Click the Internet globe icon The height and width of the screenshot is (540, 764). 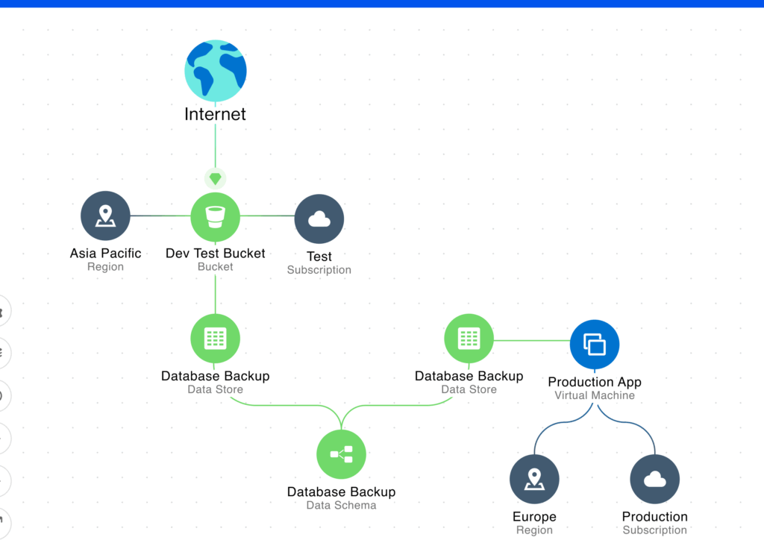pyautogui.click(x=216, y=71)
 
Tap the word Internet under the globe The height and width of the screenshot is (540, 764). pyautogui.click(x=215, y=114)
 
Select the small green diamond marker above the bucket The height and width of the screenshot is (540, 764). pyautogui.click(x=216, y=179)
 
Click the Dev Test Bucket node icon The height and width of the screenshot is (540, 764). pyautogui.click(x=216, y=217)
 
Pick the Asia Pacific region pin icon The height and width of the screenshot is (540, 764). pyautogui.click(x=105, y=216)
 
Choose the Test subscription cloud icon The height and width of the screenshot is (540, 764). pyautogui.click(x=319, y=219)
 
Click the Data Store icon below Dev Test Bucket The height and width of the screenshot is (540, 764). pyautogui.click(x=216, y=339)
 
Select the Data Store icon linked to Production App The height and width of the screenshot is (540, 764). pyautogui.click(x=469, y=339)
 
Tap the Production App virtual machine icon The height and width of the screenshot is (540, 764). pyautogui.click(x=595, y=345)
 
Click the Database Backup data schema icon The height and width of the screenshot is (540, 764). pyautogui.click(x=341, y=454)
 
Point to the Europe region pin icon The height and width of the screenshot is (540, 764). pyautogui.click(x=534, y=479)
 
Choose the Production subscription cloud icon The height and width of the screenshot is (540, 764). pyautogui.click(x=655, y=479)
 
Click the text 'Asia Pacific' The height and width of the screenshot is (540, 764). pyautogui.click(x=105, y=253)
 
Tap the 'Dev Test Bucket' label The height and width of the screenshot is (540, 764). pyautogui.click(x=216, y=253)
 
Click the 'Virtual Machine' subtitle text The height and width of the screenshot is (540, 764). pyautogui.click(x=595, y=395)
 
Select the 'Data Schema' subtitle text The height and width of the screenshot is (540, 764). pyautogui.click(x=341, y=506)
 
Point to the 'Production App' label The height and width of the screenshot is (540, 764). pyautogui.click(x=595, y=382)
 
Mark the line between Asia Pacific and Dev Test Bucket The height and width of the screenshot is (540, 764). pyautogui.click(x=160, y=216)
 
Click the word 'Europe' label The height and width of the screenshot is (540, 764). pyautogui.click(x=534, y=517)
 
